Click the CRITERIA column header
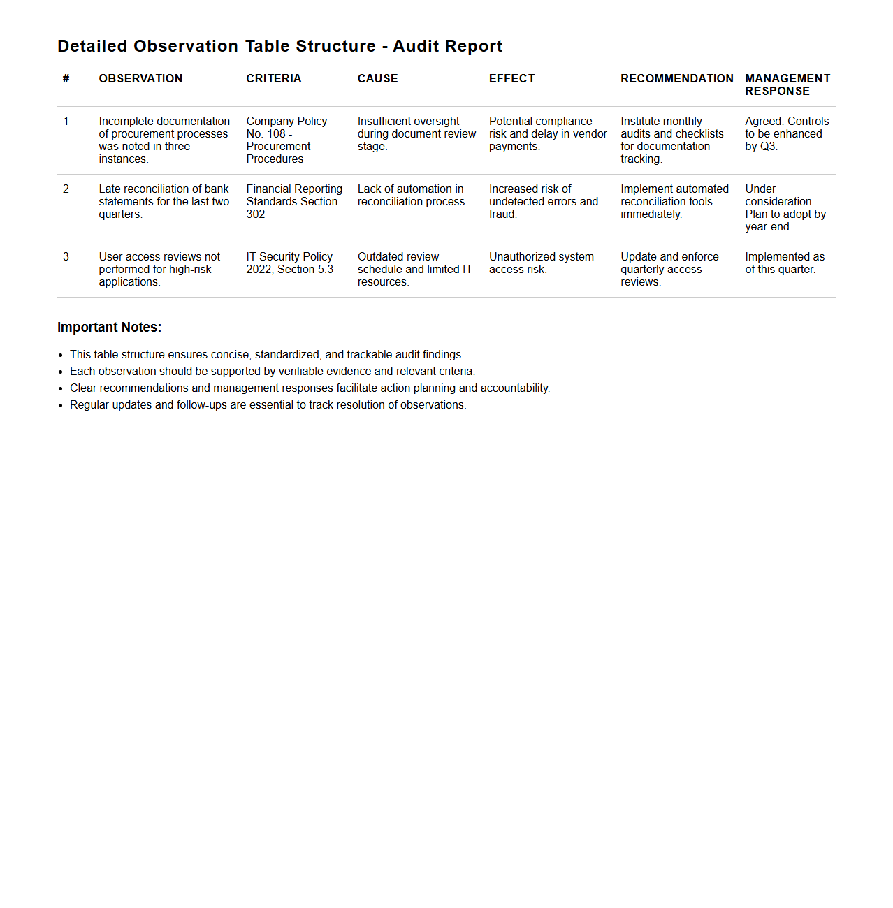(x=273, y=79)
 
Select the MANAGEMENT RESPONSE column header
(x=787, y=85)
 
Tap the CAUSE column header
(x=377, y=79)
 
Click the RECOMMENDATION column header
(x=676, y=79)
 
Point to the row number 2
(x=66, y=189)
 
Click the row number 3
(x=66, y=257)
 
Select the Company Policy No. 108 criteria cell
(x=286, y=140)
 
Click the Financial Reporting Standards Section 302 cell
(x=293, y=201)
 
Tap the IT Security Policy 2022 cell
(x=289, y=263)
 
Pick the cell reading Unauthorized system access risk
(x=541, y=263)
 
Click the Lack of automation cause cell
(x=412, y=195)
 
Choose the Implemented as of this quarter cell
(x=784, y=263)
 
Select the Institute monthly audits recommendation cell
(x=671, y=140)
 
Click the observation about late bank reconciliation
(x=164, y=201)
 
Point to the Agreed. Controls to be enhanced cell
(x=786, y=133)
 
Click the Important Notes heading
(x=109, y=328)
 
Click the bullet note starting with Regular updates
(x=268, y=405)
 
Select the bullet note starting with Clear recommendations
(x=310, y=388)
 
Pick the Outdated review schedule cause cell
(x=414, y=269)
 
